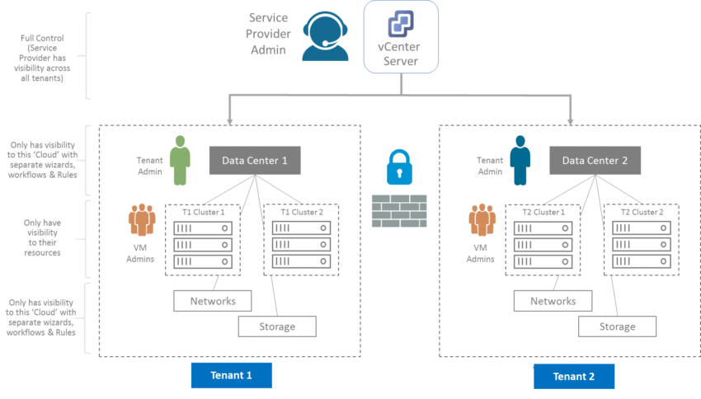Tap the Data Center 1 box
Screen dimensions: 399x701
pyautogui.click(x=254, y=161)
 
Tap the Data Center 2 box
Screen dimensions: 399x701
pyautogui.click(x=595, y=161)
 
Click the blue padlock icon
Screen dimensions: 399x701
pyautogui.click(x=399, y=167)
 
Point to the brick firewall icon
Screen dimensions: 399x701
pyautogui.click(x=399, y=211)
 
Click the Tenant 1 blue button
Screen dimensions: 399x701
pyautogui.click(x=231, y=376)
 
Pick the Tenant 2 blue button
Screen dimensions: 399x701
pyautogui.click(x=573, y=377)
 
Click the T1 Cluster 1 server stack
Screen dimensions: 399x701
pyautogui.click(x=203, y=240)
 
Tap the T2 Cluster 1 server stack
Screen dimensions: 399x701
pyautogui.click(x=543, y=240)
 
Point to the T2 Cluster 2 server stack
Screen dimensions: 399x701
pyautogui.click(x=641, y=240)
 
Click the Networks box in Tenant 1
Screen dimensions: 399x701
pyautogui.click(x=212, y=300)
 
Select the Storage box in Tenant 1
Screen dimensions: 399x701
pyautogui.click(x=277, y=326)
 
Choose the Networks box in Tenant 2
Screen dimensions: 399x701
pyautogui.click(x=553, y=300)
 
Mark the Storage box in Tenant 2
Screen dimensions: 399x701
pyautogui.click(x=617, y=326)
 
